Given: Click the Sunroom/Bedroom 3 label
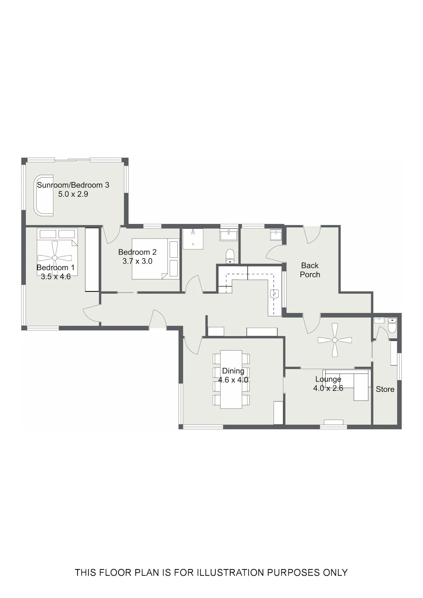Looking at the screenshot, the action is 73,185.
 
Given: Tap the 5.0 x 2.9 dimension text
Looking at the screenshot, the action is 73,194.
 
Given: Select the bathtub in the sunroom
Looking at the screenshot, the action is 43,196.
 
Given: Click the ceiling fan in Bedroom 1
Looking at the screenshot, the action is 55,258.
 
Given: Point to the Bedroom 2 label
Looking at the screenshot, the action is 137,252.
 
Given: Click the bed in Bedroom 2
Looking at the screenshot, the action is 155,259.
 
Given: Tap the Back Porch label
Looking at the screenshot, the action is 310,270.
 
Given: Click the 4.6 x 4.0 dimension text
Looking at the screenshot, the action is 233,380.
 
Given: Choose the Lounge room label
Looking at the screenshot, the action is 328,380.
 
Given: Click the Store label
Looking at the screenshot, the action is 385,389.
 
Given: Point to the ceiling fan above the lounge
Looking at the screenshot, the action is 335,340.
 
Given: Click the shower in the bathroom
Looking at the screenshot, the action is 193,239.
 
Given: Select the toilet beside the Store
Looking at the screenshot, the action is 392,326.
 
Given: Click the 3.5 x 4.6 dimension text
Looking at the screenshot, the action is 56,277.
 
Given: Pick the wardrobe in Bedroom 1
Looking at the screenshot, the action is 92,259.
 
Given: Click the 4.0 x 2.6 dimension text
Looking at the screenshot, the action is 328,388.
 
